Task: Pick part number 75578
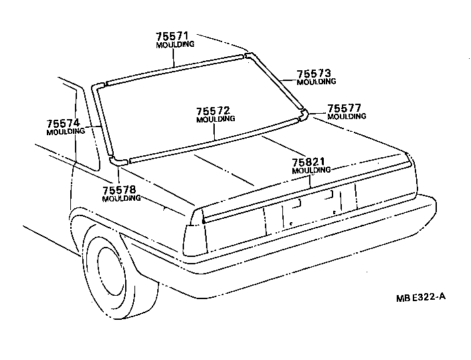(x=121, y=190)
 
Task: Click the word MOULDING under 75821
(x=311, y=171)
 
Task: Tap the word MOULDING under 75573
(x=316, y=82)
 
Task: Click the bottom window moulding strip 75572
(x=214, y=141)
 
